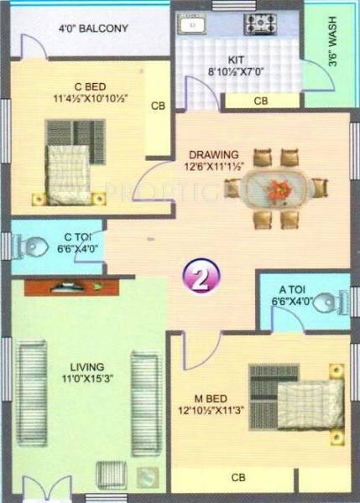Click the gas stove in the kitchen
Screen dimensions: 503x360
[256, 22]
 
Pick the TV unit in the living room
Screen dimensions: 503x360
[62, 288]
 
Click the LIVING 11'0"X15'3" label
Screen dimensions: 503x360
[87, 372]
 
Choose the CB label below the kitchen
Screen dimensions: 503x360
[260, 101]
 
